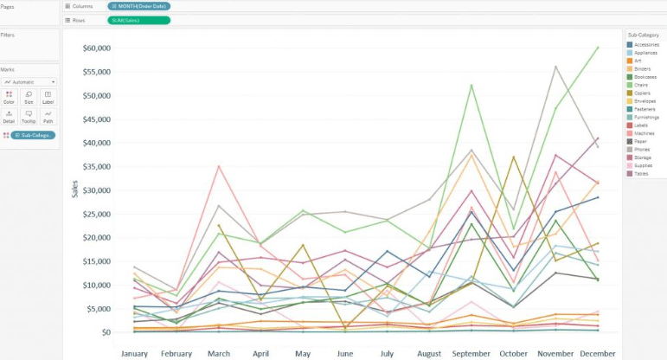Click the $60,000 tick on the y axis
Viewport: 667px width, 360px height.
[x=96, y=48]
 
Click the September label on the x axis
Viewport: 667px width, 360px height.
[x=471, y=353]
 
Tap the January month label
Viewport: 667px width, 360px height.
[x=134, y=353]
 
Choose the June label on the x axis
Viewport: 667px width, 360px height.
[x=345, y=353]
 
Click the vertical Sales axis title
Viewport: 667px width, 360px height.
[x=74, y=189]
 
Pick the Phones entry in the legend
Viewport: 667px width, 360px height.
[x=645, y=148]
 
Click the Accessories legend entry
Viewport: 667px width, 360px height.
[x=646, y=44]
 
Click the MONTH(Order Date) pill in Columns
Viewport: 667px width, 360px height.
[x=139, y=6]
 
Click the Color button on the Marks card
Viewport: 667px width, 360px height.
[x=10, y=97]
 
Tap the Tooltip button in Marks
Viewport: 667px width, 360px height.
[x=29, y=117]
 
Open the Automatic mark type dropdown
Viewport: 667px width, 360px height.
[x=29, y=81]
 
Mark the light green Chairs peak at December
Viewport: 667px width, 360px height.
[x=597, y=47]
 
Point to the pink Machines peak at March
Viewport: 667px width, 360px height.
[x=219, y=165]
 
